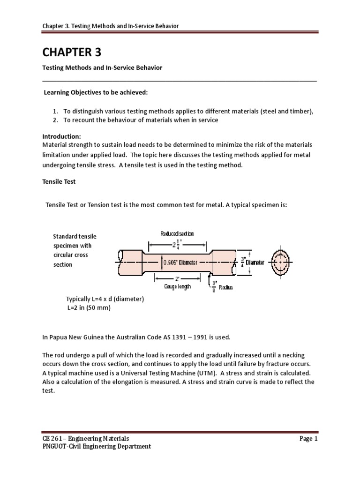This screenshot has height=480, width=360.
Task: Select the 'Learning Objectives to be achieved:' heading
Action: pos(96,93)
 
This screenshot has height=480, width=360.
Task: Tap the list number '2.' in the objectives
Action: pos(55,120)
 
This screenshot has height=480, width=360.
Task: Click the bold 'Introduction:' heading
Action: pos(62,136)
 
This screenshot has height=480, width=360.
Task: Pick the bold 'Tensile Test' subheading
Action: pos(59,181)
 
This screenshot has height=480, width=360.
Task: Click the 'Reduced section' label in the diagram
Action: pos(177,234)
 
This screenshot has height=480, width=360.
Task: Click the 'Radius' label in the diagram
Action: pos(225,287)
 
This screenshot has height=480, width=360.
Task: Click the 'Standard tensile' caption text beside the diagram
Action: pos(75,236)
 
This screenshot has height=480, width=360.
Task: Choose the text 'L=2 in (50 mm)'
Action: pos(89,308)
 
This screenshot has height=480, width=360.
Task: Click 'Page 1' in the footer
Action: pos(308,439)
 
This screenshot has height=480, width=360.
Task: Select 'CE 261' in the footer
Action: pos(52,439)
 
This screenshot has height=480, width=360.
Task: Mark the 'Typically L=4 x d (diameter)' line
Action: pos(105,299)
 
